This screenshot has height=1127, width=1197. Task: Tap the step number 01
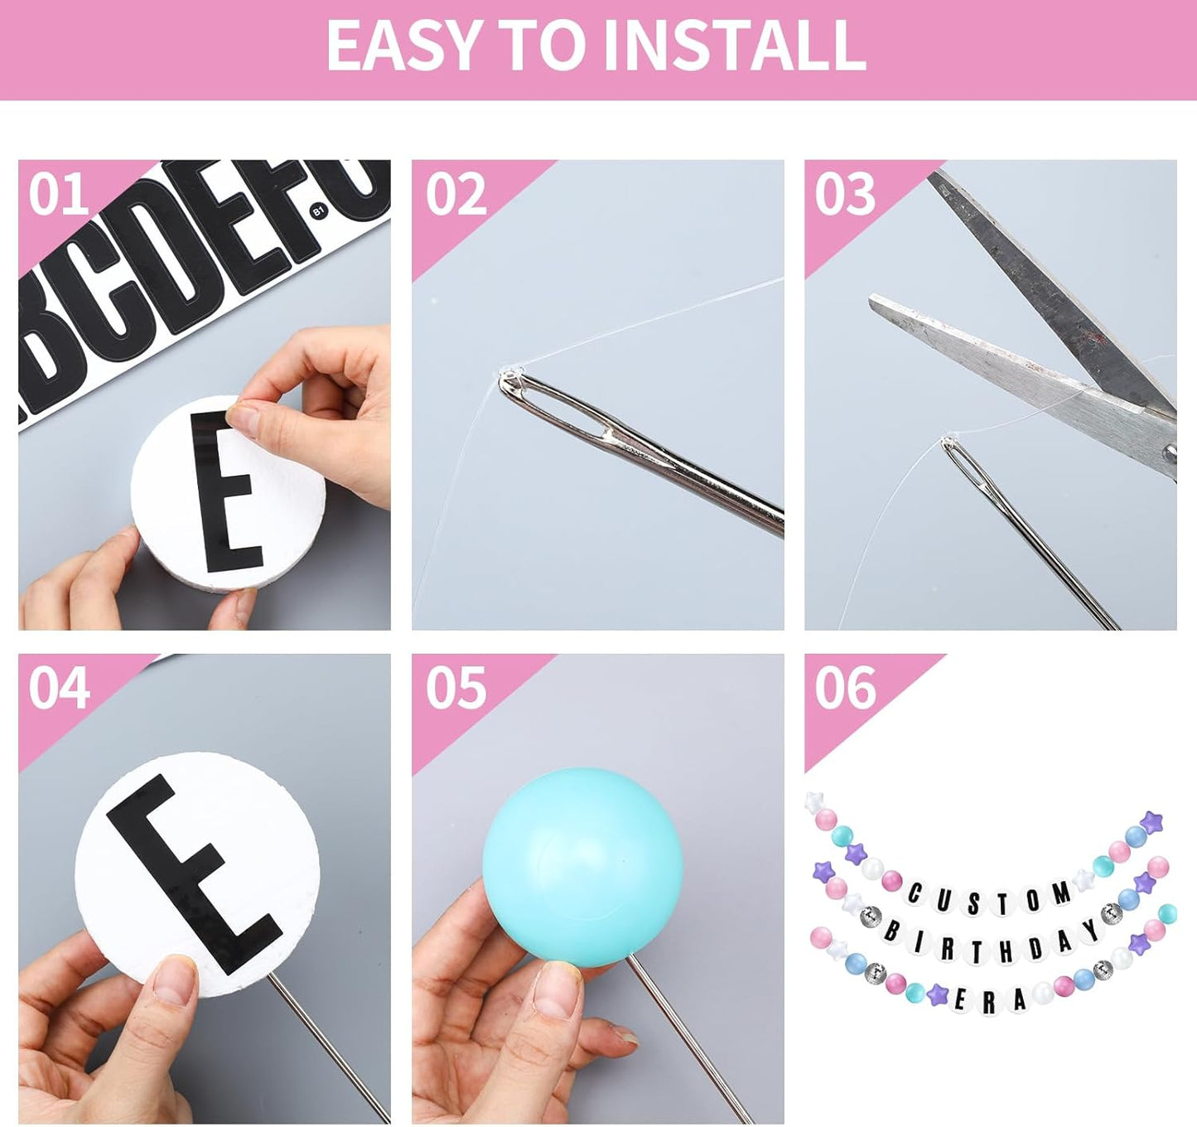pyautogui.click(x=59, y=194)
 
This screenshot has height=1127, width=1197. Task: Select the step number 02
pyautogui.click(x=456, y=194)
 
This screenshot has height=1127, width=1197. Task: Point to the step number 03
pyautogui.click(x=845, y=194)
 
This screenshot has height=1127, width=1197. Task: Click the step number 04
pyautogui.click(x=59, y=688)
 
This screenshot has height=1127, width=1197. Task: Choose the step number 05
pyautogui.click(x=456, y=688)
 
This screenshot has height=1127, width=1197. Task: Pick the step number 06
pyautogui.click(x=846, y=688)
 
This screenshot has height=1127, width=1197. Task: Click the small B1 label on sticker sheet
pyautogui.click(x=318, y=211)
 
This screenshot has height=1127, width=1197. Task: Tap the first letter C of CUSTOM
pyautogui.click(x=915, y=893)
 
